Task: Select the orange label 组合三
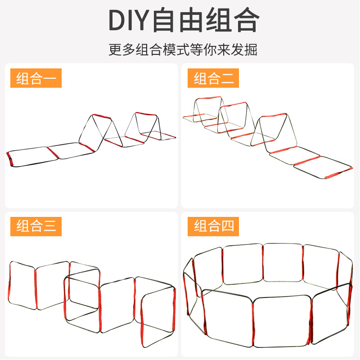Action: pyautogui.click(x=36, y=226)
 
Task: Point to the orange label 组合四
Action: pyautogui.click(x=214, y=226)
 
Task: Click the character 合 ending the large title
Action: pyautogui.click(x=245, y=20)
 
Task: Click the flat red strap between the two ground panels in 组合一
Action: pyautogui.click(x=53, y=152)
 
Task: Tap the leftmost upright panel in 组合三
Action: pyautogui.click(x=22, y=287)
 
